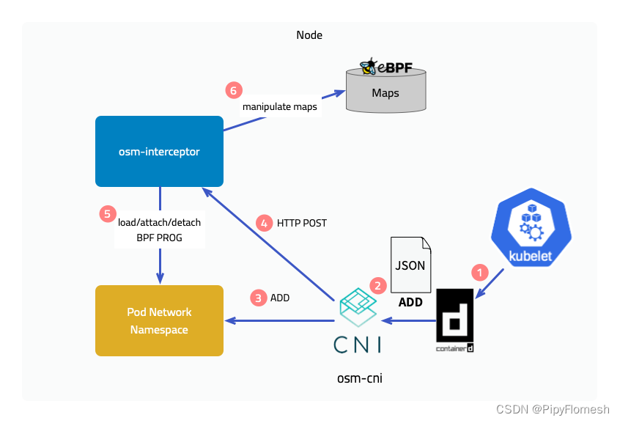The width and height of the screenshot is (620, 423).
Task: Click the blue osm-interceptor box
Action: (159, 151)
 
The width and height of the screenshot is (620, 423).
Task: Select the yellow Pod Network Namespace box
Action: (159, 320)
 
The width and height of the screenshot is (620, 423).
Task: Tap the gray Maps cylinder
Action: (386, 90)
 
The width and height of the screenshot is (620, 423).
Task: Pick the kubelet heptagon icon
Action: (531, 227)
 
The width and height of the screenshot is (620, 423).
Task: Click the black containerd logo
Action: (454, 320)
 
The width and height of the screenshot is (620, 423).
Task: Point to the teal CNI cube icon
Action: (358, 307)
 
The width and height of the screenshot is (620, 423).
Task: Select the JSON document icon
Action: (410, 265)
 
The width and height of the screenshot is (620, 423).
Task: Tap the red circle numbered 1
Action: (480, 273)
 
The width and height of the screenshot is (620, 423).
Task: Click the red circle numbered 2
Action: (378, 285)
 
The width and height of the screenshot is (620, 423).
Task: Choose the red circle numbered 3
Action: (259, 298)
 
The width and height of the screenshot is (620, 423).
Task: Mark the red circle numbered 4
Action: (264, 223)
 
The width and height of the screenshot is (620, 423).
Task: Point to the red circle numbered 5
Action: (108, 214)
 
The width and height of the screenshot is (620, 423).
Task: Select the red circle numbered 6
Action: (234, 90)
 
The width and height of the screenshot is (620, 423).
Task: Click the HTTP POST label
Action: (302, 223)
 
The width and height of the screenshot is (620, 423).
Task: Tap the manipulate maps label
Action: (279, 107)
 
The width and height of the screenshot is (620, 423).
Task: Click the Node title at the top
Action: (309, 35)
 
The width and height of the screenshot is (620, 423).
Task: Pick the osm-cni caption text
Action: (360, 378)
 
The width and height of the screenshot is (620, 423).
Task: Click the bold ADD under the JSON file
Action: (410, 302)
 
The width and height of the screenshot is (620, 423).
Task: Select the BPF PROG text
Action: (159, 238)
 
